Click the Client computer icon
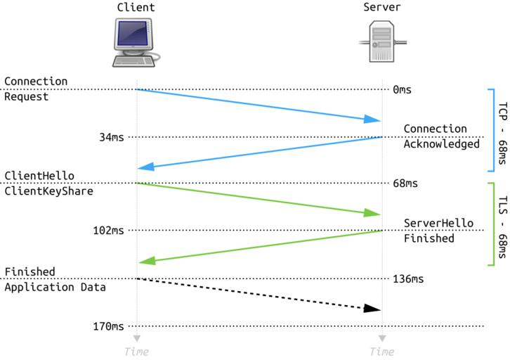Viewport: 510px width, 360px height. (136, 41)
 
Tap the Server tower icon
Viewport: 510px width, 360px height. (381, 41)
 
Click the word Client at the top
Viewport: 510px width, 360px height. (136, 8)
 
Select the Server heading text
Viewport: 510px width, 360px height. (381, 8)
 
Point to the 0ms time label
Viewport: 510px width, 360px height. (402, 89)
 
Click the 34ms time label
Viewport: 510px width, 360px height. (111, 137)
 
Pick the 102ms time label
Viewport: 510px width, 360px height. (108, 230)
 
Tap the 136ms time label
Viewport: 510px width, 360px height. (408, 278)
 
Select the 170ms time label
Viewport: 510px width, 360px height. (108, 326)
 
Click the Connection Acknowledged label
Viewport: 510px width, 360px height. (440, 136)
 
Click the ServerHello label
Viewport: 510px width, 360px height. (438, 223)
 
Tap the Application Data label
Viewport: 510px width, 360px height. (55, 287)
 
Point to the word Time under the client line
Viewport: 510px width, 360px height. (136, 351)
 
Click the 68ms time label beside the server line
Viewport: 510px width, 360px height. (405, 184)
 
